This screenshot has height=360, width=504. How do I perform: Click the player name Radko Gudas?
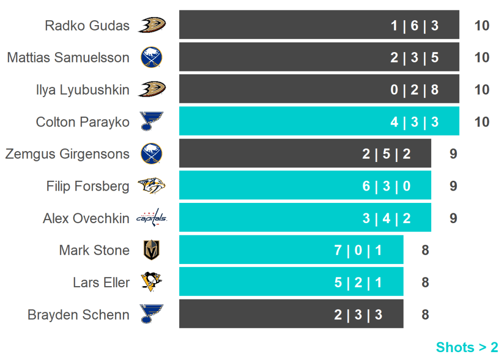tap(87, 26)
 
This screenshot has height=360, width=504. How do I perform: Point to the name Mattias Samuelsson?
tap(68, 58)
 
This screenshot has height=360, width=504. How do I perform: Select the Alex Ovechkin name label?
tap(86, 218)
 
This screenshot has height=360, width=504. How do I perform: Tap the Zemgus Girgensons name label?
tap(67, 154)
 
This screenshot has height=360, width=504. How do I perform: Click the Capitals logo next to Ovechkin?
tap(152, 218)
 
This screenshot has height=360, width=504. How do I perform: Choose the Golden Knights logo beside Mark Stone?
tap(151, 250)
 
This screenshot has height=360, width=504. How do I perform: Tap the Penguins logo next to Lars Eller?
tap(151, 282)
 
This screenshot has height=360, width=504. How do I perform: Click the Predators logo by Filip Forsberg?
tap(152, 186)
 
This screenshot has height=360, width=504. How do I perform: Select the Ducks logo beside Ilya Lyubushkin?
tap(152, 89)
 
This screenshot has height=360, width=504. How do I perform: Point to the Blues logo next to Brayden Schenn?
tap(151, 314)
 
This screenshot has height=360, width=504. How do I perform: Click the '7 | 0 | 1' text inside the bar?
tap(358, 250)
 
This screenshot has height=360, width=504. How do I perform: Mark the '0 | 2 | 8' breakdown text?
tap(414, 90)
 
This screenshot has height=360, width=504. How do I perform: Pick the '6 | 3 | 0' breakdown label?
tap(386, 186)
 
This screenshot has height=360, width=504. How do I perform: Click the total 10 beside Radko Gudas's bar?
tap(482, 26)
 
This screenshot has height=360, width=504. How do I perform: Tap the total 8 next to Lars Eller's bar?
tap(425, 282)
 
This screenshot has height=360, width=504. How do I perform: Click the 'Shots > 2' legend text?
tap(467, 347)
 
